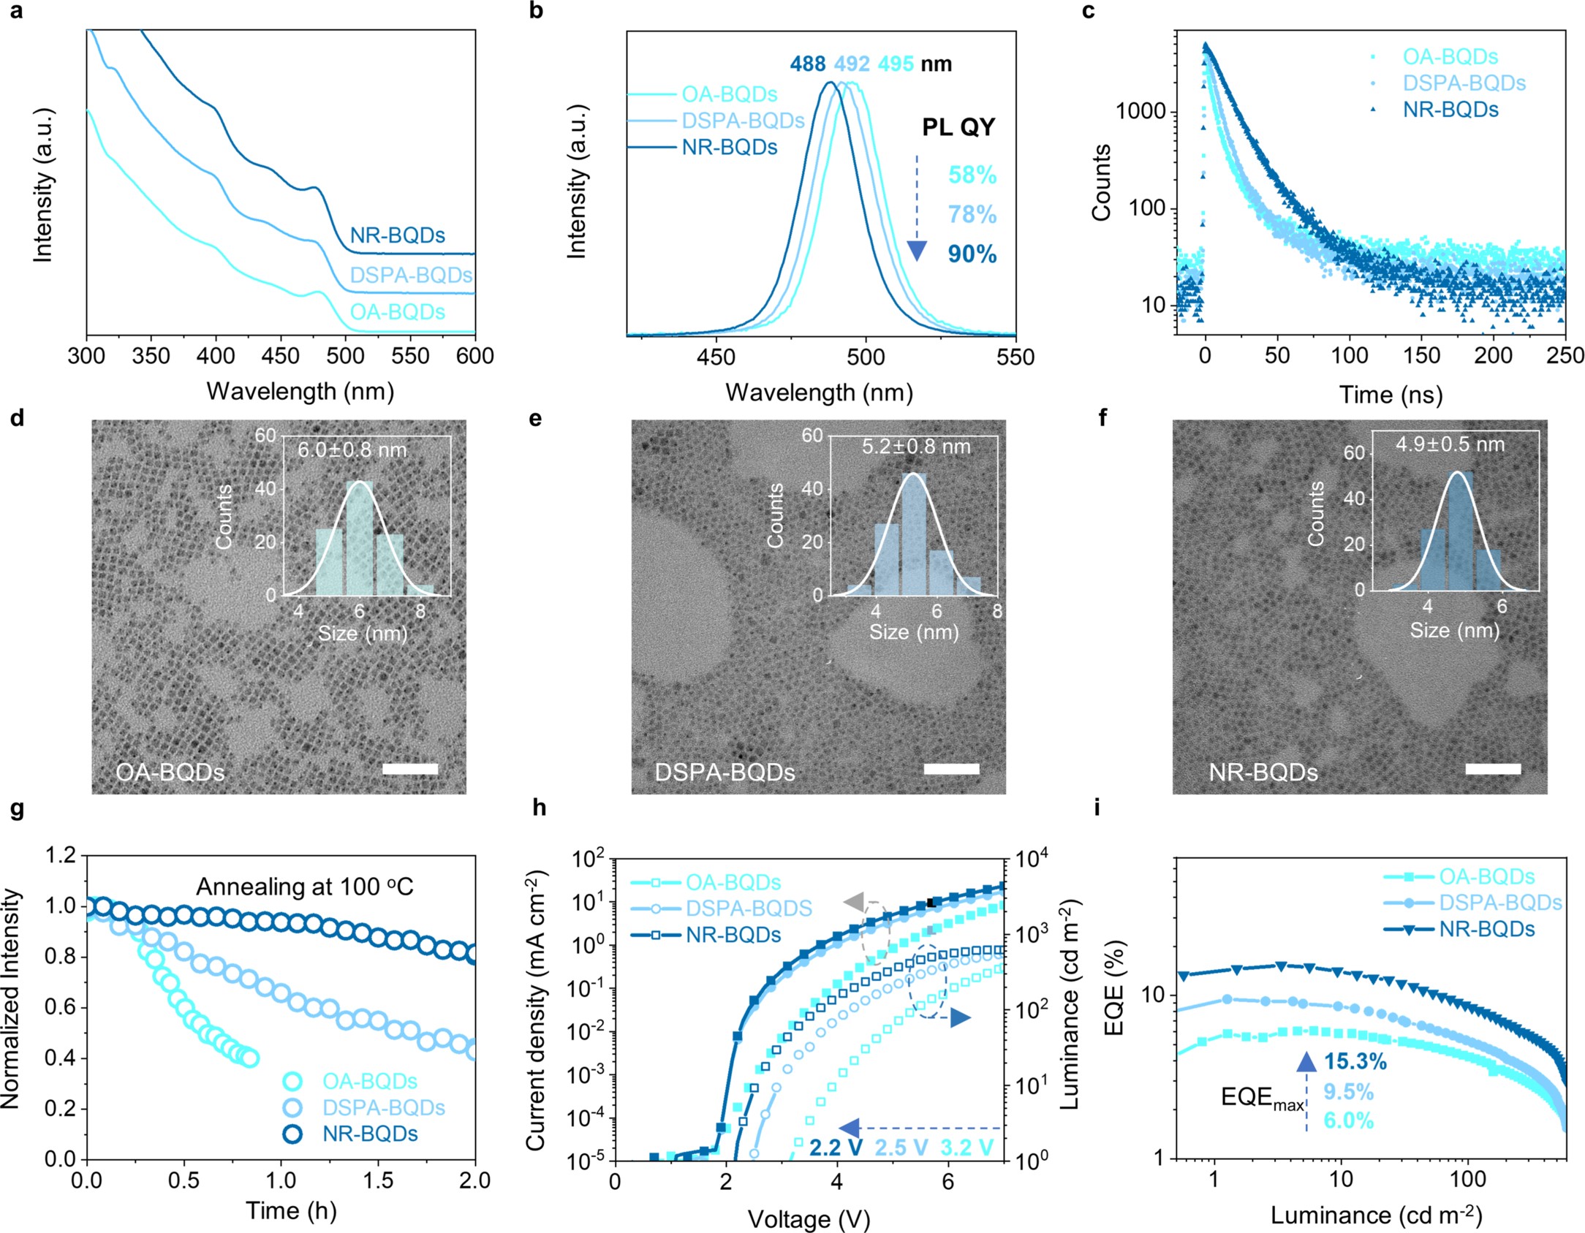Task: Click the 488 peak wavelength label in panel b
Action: pos(807,64)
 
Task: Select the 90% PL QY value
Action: pos(972,254)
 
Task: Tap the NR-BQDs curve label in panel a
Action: pos(397,235)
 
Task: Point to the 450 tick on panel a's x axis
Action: pos(280,356)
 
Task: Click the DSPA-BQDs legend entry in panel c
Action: pos(1464,83)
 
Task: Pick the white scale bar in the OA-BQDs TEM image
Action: pos(409,769)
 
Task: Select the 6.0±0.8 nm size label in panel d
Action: pos(352,449)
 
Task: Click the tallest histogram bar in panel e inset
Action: pos(913,534)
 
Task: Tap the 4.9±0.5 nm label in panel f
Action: pos(1450,444)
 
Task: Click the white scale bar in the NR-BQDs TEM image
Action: pos(1493,769)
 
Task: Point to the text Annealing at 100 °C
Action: pos(304,887)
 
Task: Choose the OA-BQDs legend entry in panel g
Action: pos(369,1081)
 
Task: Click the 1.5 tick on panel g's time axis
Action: pos(378,1180)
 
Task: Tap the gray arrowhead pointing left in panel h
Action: pos(854,901)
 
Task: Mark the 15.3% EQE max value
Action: pos(1355,1061)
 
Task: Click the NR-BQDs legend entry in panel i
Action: pos(1486,930)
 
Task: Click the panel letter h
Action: pos(539,808)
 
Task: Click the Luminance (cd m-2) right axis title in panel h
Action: pos(1069,1004)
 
